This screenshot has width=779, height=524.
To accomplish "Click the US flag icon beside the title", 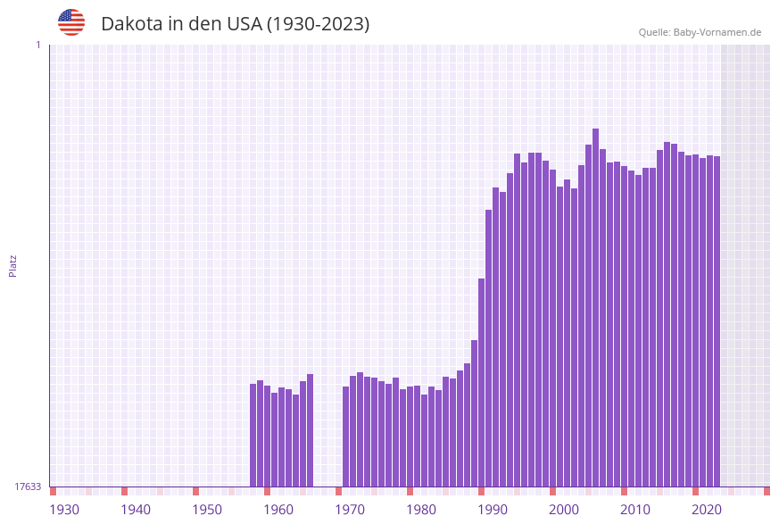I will click(71, 22).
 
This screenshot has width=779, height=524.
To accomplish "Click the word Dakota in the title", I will click(130, 24).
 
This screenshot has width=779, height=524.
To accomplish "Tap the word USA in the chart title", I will click(244, 24).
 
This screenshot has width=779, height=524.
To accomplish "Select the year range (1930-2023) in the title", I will click(318, 24).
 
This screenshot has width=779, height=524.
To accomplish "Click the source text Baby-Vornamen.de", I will click(717, 32).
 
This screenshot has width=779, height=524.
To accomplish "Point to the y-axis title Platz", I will click(12, 265).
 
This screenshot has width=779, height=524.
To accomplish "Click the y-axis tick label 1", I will click(37, 45).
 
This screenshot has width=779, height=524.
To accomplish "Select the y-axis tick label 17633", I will click(28, 487).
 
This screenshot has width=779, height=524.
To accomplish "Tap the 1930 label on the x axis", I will click(64, 510).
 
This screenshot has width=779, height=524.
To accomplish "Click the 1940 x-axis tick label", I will click(136, 510).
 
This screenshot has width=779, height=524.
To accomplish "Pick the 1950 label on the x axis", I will click(207, 510).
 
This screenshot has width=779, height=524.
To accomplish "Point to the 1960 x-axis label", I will click(278, 510).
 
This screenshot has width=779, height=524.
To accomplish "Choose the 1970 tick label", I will click(350, 510).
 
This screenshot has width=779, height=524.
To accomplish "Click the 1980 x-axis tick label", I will click(421, 510).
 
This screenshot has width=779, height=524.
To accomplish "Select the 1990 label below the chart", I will click(493, 510).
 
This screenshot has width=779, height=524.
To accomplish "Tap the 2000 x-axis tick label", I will click(564, 510).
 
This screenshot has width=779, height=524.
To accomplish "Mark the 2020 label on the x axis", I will click(707, 510).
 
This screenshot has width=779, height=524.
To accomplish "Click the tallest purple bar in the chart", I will click(596, 308).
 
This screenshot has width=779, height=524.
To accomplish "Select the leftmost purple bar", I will click(253, 435).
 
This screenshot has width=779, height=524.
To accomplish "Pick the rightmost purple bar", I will click(717, 321).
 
